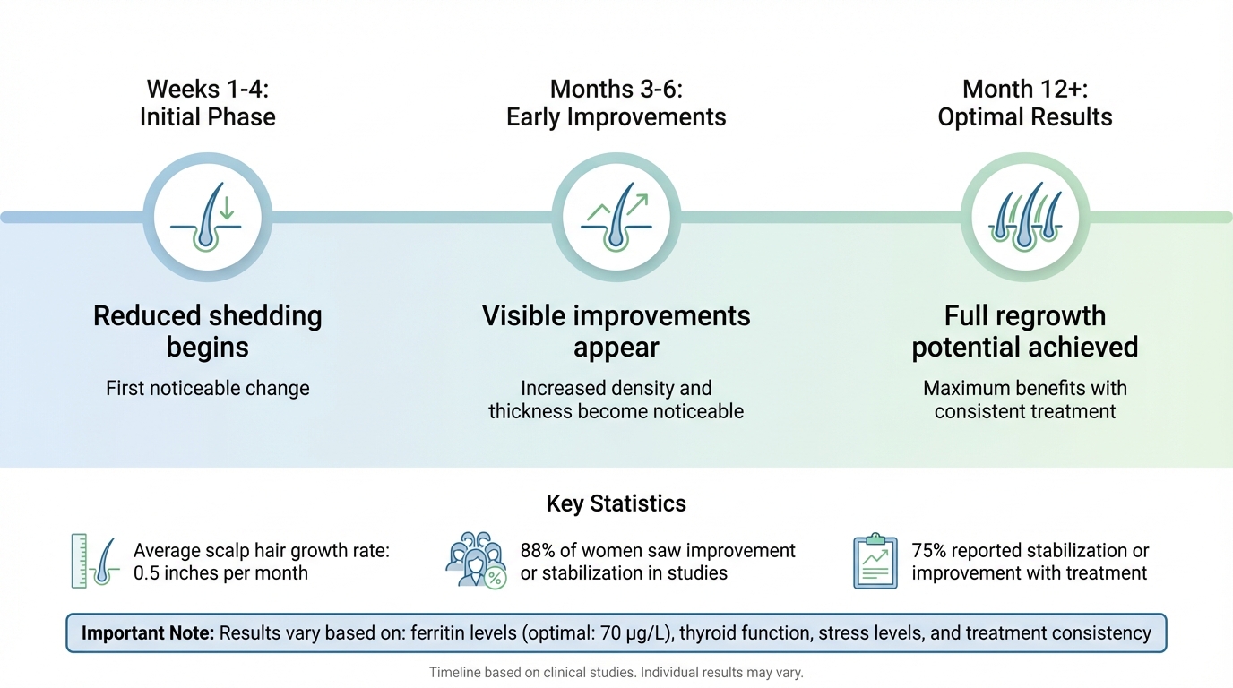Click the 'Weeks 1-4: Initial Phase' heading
[207, 103]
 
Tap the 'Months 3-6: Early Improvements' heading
[616, 103]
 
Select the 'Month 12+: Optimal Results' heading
[1024, 103]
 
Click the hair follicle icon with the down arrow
[208, 218]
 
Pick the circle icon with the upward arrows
[616, 218]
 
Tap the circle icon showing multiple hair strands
[1024, 218]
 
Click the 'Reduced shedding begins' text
[207, 331]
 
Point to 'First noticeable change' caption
[207, 388]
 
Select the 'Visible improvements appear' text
[616, 331]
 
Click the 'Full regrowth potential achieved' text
[1024, 331]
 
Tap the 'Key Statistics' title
[616, 503]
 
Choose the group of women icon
[475, 561]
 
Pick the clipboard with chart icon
[875, 561]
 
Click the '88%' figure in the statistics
[539, 550]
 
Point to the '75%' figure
[928, 550]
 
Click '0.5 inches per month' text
[220, 573]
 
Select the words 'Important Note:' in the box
[147, 633]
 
